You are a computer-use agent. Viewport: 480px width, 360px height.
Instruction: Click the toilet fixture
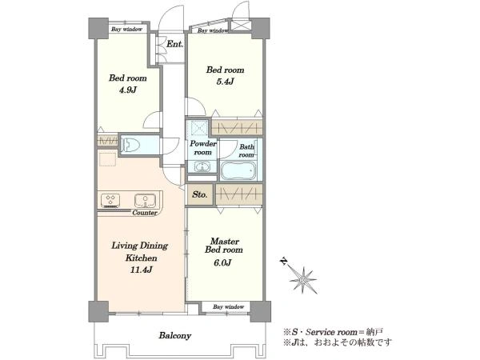pos(130,145)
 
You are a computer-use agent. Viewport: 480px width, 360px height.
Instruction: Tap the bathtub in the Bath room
pos(238,171)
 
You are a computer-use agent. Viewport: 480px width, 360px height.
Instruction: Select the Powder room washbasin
pos(202,167)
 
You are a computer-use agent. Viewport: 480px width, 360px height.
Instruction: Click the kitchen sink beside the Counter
pos(145,200)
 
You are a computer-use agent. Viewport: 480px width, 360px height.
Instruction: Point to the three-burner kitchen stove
pos(110,200)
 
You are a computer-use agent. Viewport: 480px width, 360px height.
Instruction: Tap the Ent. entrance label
pos(174,44)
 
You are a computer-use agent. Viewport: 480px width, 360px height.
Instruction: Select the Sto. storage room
pos(200,194)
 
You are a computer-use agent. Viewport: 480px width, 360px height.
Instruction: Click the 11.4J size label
pos(139,270)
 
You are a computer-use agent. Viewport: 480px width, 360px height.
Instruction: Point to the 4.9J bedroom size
pos(128,90)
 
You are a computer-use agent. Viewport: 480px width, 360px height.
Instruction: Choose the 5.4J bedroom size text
pos(225,82)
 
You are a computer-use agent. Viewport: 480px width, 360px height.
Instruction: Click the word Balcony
pos(174,336)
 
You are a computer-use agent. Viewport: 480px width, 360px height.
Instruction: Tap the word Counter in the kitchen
pos(145,213)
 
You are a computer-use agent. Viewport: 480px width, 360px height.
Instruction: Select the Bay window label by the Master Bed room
pos(228,306)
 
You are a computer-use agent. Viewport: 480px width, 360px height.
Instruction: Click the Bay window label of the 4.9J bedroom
pos(126,30)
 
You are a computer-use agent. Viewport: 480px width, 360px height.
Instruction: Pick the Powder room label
pos(203,148)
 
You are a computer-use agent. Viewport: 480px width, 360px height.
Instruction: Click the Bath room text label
pos(246,150)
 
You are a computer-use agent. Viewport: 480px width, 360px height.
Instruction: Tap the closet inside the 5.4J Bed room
pos(238,127)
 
